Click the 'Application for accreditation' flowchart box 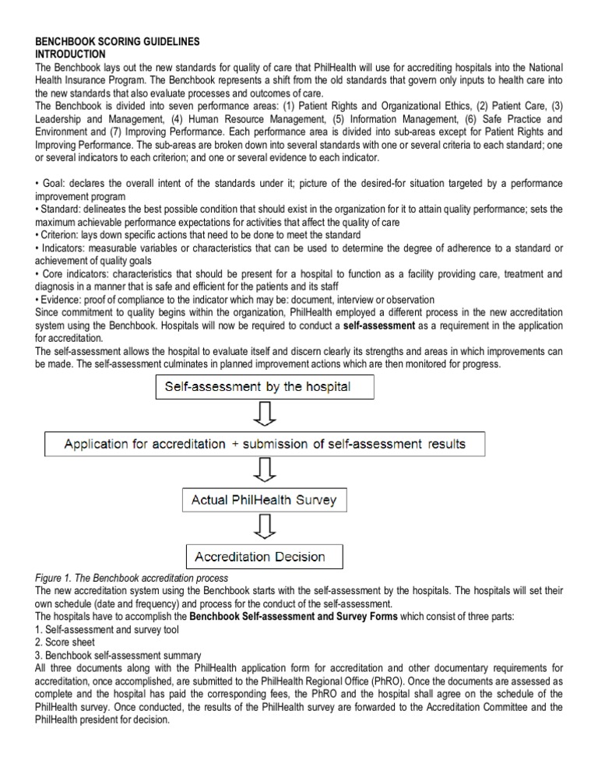click(x=265, y=444)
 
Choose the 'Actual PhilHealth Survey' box click(x=264, y=500)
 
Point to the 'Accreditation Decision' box click(x=264, y=556)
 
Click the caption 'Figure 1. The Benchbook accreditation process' click(x=132, y=578)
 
